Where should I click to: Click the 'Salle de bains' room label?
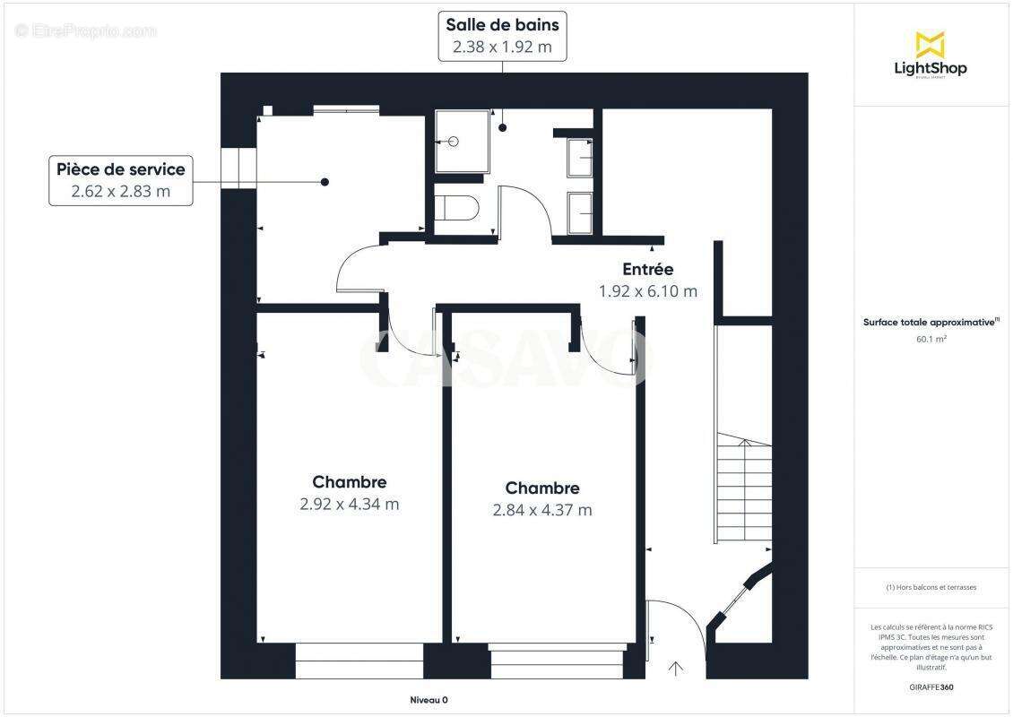pos(502,25)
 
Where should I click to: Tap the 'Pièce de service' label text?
pos(121,169)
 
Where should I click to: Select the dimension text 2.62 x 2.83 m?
pos(121,191)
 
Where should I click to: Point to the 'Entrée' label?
pos(647,269)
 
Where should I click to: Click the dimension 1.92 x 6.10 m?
pos(647,290)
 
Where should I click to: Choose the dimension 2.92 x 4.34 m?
pos(350,504)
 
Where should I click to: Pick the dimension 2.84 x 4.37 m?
pos(542,510)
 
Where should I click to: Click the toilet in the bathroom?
pos(458,208)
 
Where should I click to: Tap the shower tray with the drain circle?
pos(462,141)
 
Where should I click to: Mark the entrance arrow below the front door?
pos(675,668)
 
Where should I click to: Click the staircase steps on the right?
pos(744,488)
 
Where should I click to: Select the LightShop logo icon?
pos(930,45)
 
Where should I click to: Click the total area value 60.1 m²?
pos(931,339)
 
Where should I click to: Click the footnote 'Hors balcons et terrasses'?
pos(931,587)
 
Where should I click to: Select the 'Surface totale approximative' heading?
pos(929,322)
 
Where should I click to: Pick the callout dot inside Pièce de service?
pos(325,182)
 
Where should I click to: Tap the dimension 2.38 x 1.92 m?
pos(502,47)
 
